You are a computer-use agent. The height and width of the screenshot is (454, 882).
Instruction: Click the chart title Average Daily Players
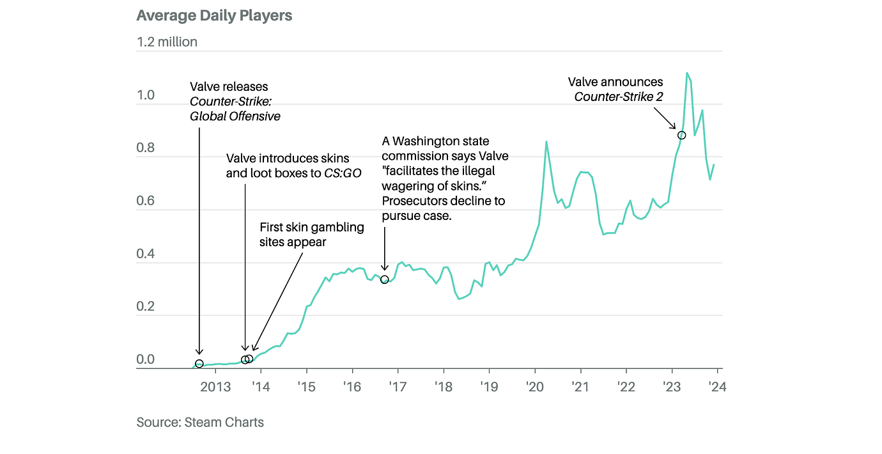click(x=214, y=16)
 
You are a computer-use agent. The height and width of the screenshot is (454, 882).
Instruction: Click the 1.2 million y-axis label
click(x=167, y=42)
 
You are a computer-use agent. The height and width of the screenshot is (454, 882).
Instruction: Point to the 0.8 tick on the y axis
click(x=146, y=148)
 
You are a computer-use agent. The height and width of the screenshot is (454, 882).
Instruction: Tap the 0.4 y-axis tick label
click(x=146, y=254)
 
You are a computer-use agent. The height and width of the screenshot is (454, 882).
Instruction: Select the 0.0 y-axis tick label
click(x=146, y=360)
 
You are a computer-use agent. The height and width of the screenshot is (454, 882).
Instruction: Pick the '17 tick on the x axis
click(x=398, y=387)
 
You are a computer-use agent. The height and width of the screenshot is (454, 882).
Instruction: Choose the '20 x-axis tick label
click(x=534, y=387)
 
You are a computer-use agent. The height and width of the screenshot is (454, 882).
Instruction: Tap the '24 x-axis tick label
click(x=717, y=387)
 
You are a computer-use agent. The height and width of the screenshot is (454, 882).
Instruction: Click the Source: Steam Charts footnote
click(x=200, y=422)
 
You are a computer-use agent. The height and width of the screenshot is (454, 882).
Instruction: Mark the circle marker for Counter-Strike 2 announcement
click(x=681, y=135)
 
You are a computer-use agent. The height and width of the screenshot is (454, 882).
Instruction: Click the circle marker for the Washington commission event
click(x=384, y=279)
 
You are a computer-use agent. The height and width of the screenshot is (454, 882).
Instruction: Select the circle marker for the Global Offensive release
click(x=199, y=364)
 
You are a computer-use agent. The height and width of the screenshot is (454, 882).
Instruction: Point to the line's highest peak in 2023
click(x=687, y=73)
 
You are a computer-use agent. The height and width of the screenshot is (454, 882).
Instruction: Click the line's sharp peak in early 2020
click(x=546, y=141)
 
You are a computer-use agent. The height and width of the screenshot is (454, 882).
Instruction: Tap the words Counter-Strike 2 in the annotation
click(x=619, y=97)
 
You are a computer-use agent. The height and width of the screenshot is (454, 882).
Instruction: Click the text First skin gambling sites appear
click(x=311, y=235)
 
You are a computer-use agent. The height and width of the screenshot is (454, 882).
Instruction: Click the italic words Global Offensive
click(x=235, y=116)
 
